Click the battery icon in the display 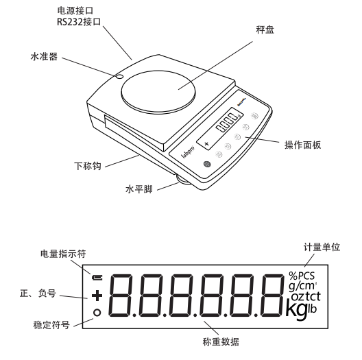[97, 278]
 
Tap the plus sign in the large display [97, 296]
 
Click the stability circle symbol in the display [97, 313]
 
